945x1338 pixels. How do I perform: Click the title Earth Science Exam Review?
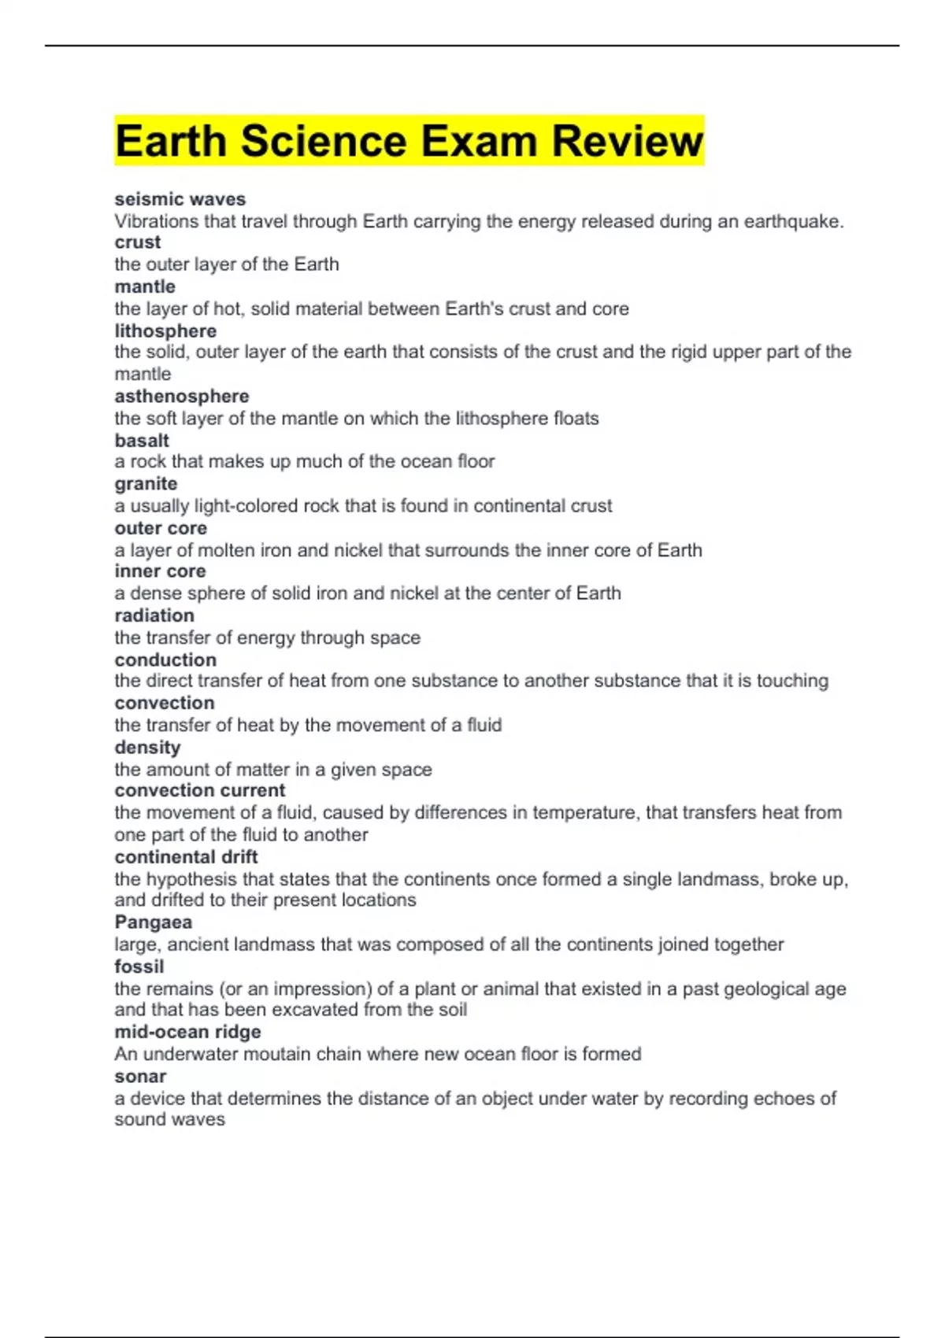point(409,141)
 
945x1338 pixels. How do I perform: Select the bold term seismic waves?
point(180,199)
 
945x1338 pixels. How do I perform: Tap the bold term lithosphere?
point(165,331)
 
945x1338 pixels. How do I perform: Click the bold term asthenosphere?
point(182,396)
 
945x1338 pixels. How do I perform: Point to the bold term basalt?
point(142,440)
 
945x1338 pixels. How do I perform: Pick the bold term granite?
point(146,483)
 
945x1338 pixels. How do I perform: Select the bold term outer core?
point(161,527)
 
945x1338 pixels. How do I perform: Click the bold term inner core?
point(160,571)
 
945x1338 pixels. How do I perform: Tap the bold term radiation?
point(154,615)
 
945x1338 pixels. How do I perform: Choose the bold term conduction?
point(165,660)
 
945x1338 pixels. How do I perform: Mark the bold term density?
point(147,747)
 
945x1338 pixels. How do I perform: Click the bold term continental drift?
point(186,856)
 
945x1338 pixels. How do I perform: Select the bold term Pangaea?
point(153,922)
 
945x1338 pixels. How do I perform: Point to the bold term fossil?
point(139,966)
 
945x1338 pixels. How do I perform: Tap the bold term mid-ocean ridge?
point(187,1031)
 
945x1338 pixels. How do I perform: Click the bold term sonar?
point(140,1076)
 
